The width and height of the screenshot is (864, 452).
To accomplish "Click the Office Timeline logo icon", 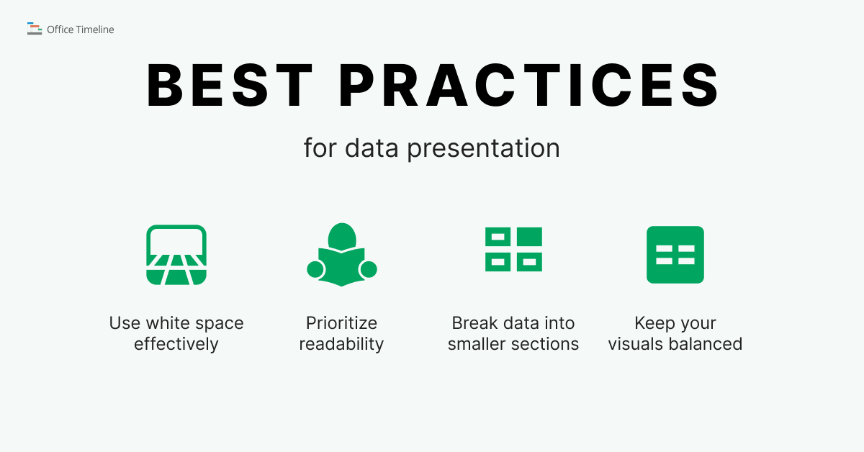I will tap(34, 29).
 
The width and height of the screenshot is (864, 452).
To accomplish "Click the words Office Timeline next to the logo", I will tap(80, 30).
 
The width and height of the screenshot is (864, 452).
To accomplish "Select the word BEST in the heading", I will tap(230, 86).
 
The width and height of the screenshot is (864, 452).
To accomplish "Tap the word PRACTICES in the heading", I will tap(529, 86).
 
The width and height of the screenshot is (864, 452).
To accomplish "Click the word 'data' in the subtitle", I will tap(372, 148).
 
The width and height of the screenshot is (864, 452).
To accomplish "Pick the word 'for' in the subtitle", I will tap(320, 148).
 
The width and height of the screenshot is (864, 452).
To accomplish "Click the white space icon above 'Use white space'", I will tap(176, 255).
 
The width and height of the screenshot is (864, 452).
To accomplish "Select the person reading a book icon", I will tap(341, 255).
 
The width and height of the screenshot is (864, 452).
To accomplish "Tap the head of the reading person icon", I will tap(341, 236).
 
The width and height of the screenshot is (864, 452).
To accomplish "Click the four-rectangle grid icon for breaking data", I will tap(513, 249).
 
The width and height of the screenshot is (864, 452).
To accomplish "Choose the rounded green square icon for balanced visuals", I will tap(675, 255).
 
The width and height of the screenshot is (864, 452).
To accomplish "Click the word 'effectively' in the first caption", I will tap(176, 344).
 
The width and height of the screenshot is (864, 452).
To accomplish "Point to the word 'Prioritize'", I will tap(341, 323).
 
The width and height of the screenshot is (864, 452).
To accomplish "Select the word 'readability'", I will tap(341, 344).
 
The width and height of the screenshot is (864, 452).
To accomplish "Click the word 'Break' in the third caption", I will tap(475, 323).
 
